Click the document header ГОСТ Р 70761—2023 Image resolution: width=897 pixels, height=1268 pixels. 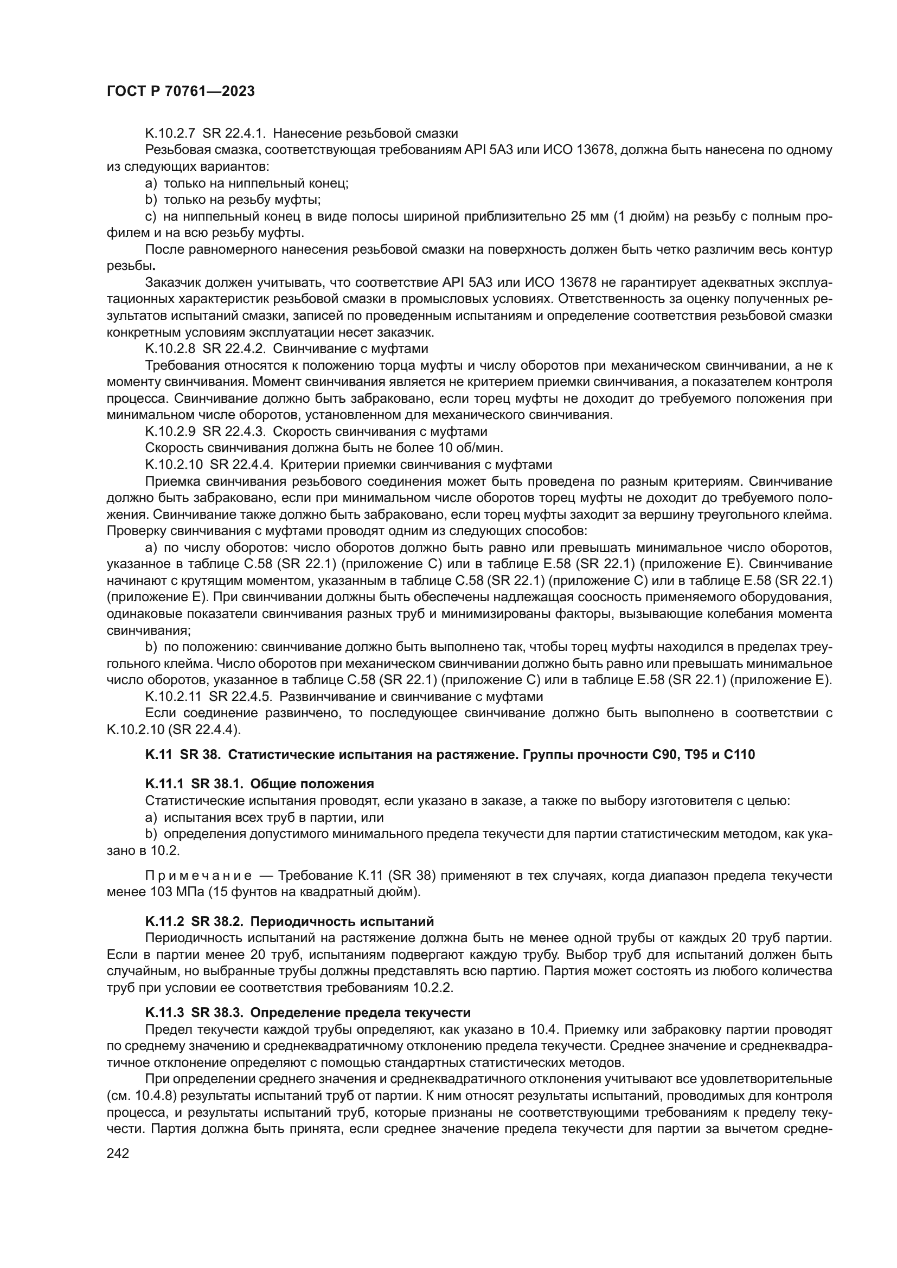tap(181, 92)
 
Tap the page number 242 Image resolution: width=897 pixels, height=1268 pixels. tap(118, 1153)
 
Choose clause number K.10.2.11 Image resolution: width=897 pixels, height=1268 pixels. tap(174, 697)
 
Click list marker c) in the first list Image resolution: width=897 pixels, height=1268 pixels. tap(151, 216)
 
